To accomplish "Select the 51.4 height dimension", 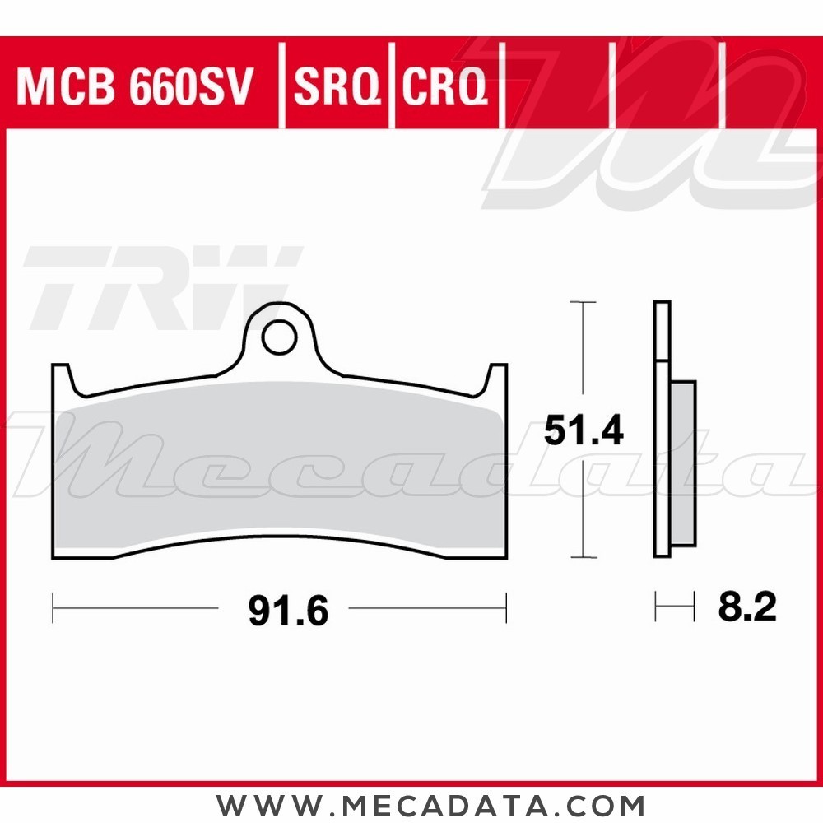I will tap(584, 430).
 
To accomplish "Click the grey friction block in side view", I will tap(683, 465).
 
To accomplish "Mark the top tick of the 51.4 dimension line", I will tap(583, 303).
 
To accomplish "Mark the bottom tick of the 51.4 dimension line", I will tap(583, 558).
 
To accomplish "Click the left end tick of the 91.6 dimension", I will tap(53, 609).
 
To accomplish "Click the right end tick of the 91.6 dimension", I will tap(506, 609).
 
